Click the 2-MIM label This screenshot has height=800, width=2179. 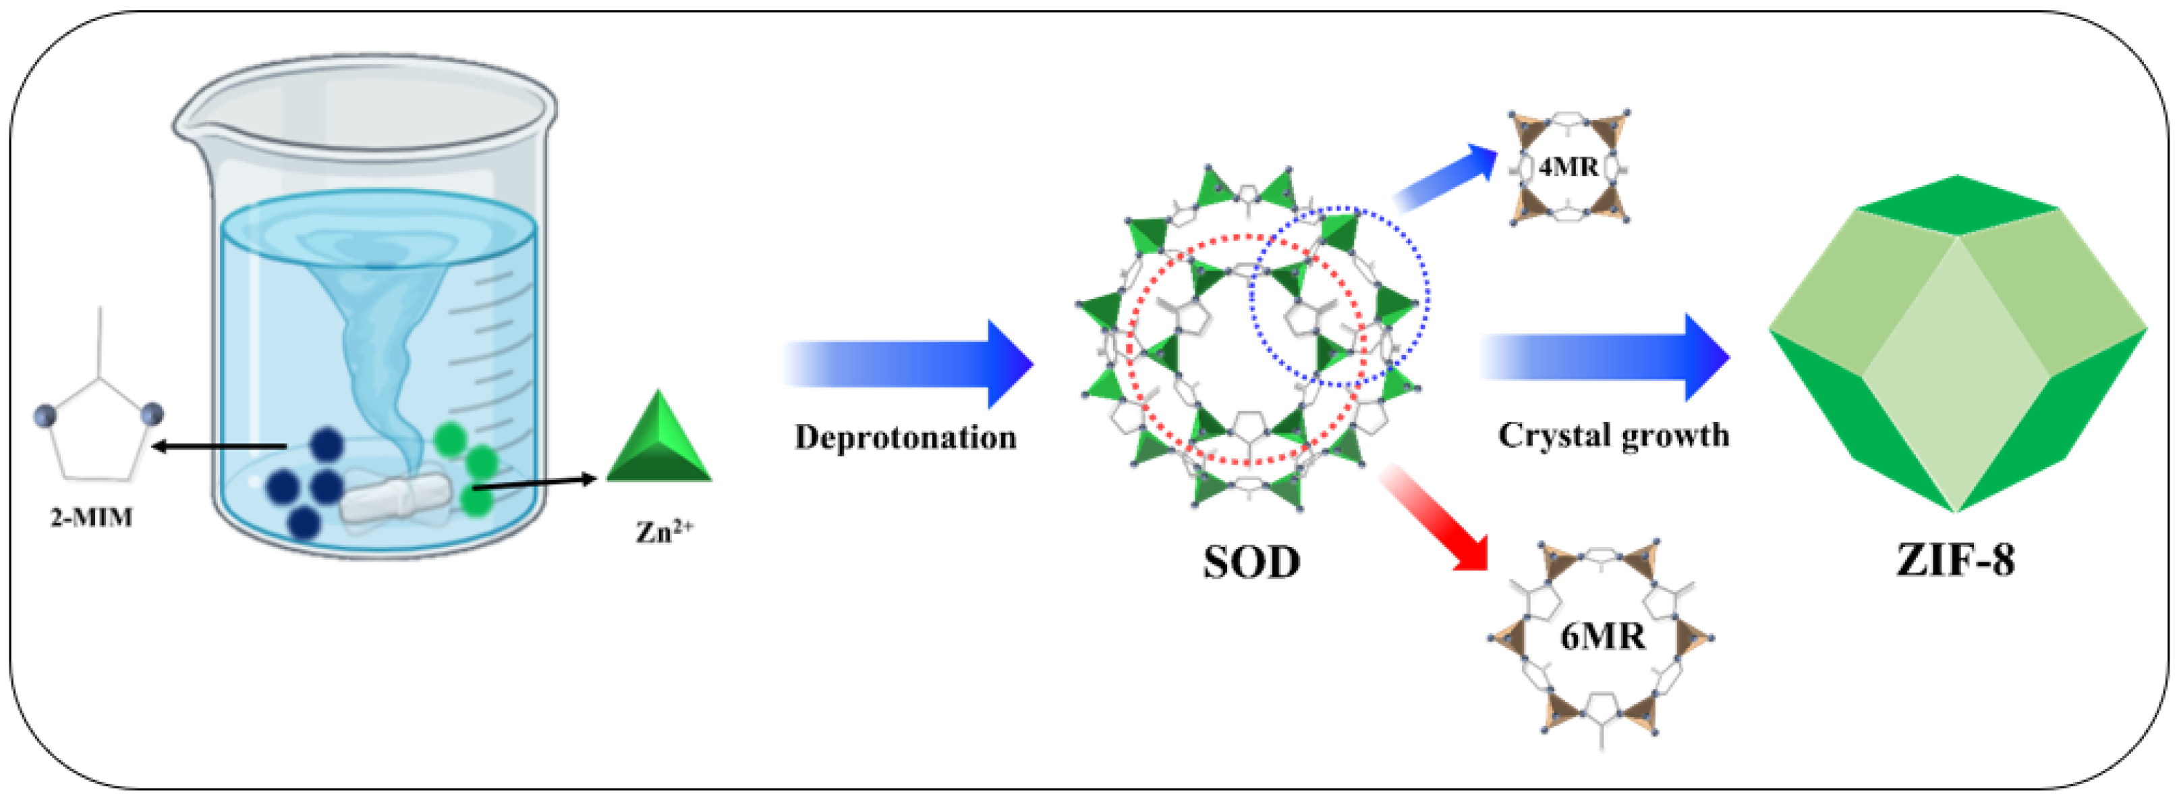(91, 517)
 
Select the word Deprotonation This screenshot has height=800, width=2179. (905, 437)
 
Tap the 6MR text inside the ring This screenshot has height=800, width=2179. (1602, 637)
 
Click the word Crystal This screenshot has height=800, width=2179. (1553, 435)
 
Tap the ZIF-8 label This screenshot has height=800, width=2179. (1956, 560)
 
